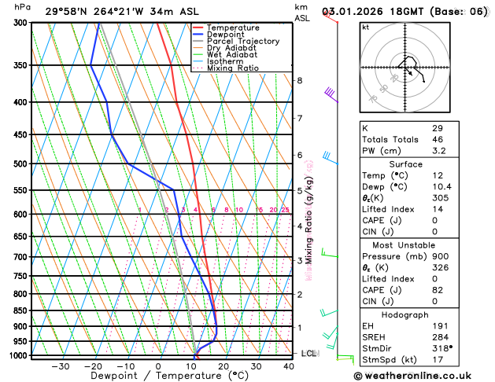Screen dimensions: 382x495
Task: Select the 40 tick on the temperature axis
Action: [290, 366]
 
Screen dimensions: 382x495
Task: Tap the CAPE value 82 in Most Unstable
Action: [438, 290]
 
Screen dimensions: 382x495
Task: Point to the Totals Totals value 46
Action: [438, 138]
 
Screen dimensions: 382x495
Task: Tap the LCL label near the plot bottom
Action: [308, 354]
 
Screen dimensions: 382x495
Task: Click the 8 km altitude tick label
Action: [299, 80]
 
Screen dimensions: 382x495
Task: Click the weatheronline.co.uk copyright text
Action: [425, 376]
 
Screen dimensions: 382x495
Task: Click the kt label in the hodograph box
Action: [365, 27]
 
